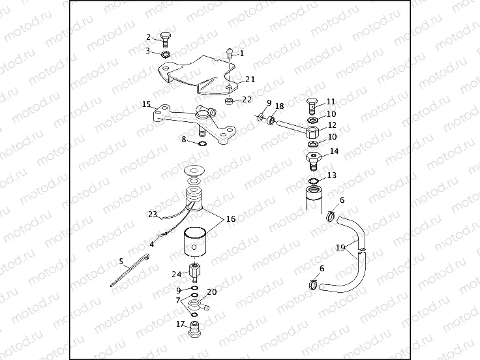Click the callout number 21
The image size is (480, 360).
[x=250, y=79]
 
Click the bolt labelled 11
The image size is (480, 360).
[x=311, y=104]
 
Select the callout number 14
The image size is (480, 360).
[x=335, y=151]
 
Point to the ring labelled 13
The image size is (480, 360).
[x=314, y=181]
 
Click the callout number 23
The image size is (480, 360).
[x=153, y=214]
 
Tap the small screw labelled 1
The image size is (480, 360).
[x=230, y=53]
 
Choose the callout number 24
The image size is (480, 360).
[x=176, y=274]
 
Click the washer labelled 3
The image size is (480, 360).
[x=166, y=53]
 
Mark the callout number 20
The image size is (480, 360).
[x=211, y=292]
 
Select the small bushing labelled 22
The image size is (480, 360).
[x=230, y=101]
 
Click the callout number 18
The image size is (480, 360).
[x=279, y=106]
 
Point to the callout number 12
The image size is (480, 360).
[x=332, y=125]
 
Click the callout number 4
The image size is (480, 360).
[x=152, y=244]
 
